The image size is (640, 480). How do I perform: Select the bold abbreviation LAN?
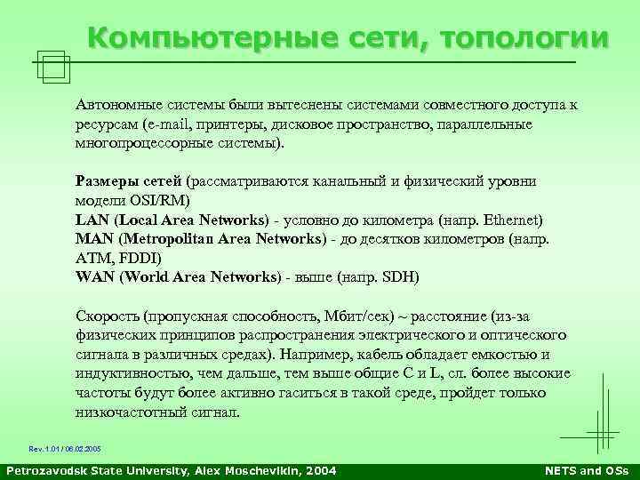(x=91, y=220)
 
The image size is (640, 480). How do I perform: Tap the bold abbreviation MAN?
(x=92, y=238)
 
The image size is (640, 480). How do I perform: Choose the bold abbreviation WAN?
(x=93, y=276)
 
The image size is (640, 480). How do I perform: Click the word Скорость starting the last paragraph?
(x=106, y=316)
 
